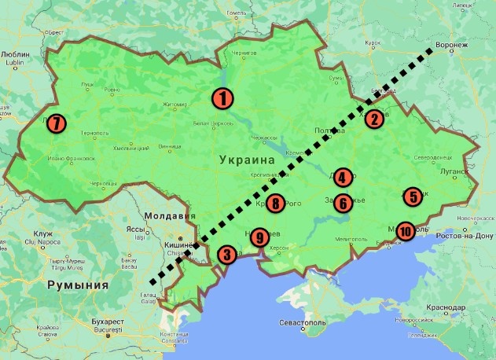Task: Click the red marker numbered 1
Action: tap(223, 98)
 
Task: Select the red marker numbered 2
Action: tap(373, 119)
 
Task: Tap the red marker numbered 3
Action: tap(226, 254)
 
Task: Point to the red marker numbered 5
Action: tap(413, 196)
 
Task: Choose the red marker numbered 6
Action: tap(343, 203)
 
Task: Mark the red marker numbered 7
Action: tap(56, 123)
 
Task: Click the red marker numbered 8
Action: tap(275, 204)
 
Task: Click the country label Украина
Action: tap(242, 160)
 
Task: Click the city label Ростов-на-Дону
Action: tap(462, 235)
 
